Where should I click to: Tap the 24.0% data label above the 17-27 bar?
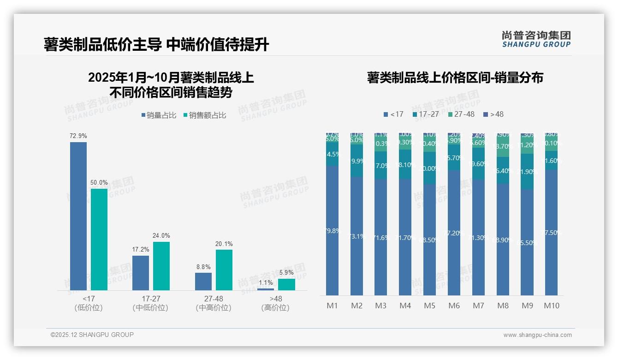pyautogui.click(x=161, y=236)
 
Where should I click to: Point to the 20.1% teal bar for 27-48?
pyautogui.click(x=224, y=270)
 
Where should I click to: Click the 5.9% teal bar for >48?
pyautogui.click(x=286, y=284)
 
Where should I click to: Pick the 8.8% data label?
pyautogui.click(x=203, y=267)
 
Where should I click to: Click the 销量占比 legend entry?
pyautogui.click(x=159, y=115)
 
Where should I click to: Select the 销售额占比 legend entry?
pyautogui.click(x=205, y=115)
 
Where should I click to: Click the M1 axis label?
pyautogui.click(x=332, y=306)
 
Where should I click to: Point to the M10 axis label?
pyautogui.click(x=551, y=306)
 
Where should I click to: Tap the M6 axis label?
pyautogui.click(x=454, y=306)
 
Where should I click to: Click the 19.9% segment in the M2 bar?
pyautogui.click(x=357, y=161)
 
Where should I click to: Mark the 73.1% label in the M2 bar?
pyautogui.click(x=357, y=236)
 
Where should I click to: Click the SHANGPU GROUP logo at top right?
pyautogui.click(x=536, y=39)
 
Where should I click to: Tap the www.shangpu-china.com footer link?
pyautogui.click(x=537, y=335)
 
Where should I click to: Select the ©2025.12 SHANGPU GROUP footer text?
pyautogui.click(x=92, y=335)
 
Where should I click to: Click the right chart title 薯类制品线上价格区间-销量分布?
pyautogui.click(x=455, y=78)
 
